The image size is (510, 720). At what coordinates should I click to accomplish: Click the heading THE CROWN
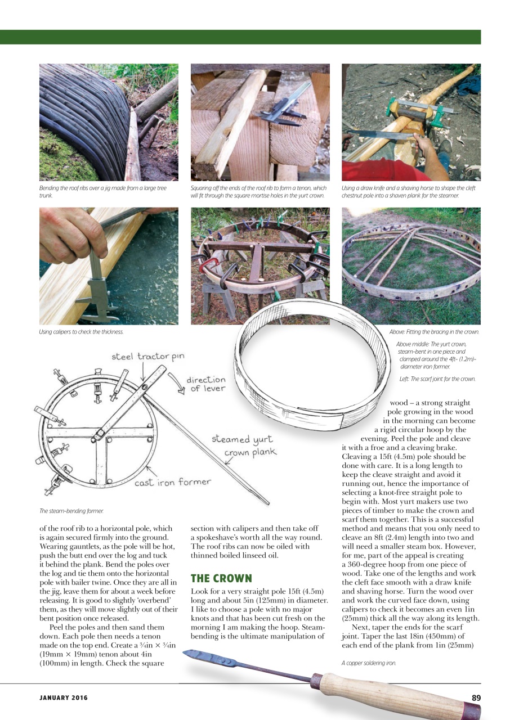[221, 578]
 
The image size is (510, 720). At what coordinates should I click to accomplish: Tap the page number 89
[476, 697]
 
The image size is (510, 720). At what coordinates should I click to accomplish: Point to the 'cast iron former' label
[172, 481]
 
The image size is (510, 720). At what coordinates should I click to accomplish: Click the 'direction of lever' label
[206, 384]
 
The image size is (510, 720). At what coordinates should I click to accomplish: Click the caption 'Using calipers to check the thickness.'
[81, 332]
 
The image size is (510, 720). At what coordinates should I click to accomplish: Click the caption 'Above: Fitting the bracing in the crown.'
[434, 332]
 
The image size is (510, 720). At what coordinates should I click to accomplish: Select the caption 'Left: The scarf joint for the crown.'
[437, 379]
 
